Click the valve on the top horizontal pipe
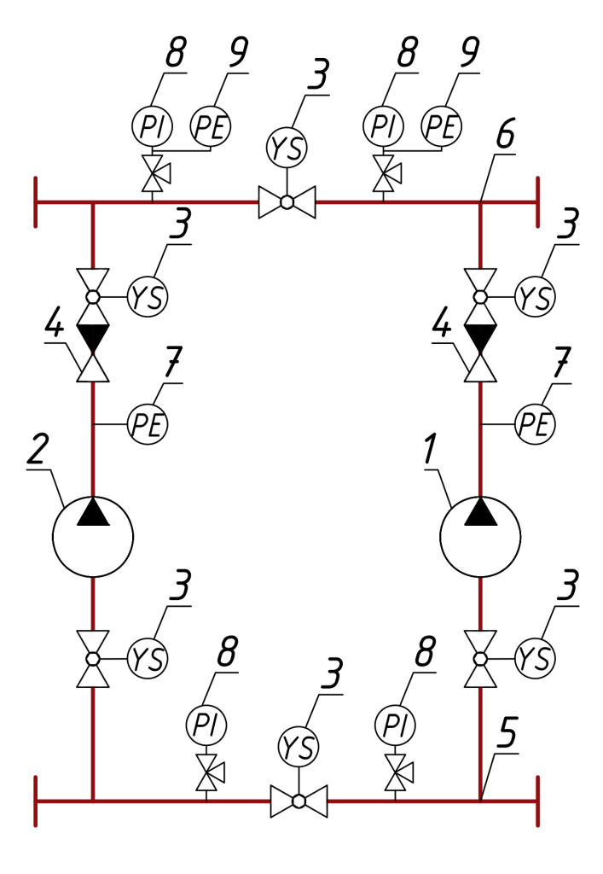[287, 202]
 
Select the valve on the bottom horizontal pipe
[299, 801]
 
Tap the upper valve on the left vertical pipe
[93, 297]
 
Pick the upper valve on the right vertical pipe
[480, 297]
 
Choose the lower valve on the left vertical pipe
[93, 659]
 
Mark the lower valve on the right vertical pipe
[480, 659]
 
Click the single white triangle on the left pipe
[93, 369]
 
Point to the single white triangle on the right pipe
[480, 369]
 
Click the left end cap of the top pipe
[36, 202]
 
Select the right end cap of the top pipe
[537, 202]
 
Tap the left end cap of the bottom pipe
[36, 801]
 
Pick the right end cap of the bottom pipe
[537, 801]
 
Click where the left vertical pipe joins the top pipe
[93, 203]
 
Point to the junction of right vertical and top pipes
[480, 203]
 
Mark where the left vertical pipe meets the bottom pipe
[93, 801]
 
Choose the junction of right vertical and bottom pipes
[480, 801]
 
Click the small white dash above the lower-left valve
[93, 574]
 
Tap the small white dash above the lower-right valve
[480, 574]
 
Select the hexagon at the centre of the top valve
[287, 202]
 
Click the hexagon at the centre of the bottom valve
[299, 801]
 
